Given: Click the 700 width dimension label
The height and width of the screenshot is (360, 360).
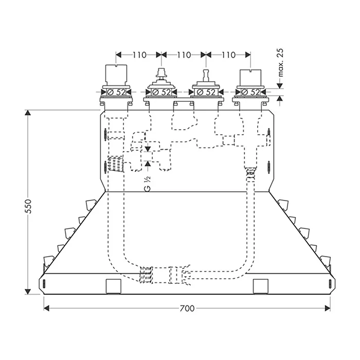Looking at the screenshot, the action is (x=187, y=309).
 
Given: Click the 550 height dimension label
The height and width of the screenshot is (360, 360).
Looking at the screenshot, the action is (x=28, y=206).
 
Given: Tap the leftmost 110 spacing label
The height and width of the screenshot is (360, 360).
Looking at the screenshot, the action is (x=139, y=55).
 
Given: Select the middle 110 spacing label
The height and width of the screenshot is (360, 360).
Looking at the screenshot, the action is (x=184, y=55).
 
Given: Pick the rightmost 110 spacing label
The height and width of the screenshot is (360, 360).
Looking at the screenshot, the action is (x=228, y=55).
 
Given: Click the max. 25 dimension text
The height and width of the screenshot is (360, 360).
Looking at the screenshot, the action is (x=280, y=62).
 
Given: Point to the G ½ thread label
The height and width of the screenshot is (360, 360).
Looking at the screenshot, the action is (x=148, y=184).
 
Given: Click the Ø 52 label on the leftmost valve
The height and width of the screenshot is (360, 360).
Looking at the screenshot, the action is (x=116, y=92).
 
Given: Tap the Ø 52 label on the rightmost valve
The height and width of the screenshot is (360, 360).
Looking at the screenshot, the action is (x=250, y=92).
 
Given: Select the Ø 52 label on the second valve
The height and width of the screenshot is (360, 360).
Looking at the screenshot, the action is (x=161, y=92).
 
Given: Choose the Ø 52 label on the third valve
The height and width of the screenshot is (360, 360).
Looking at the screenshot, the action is (x=206, y=92).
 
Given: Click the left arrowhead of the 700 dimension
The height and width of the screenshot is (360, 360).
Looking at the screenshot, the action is (x=46, y=309).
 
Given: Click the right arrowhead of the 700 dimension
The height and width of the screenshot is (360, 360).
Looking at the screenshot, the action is (x=328, y=309).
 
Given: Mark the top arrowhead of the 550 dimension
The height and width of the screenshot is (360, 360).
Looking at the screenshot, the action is (x=28, y=113).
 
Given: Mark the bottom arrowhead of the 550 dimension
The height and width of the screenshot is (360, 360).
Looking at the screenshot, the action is (x=28, y=292).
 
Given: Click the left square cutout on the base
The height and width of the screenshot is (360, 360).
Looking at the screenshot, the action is (x=114, y=286).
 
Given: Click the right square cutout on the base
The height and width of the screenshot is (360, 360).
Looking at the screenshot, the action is (x=261, y=286).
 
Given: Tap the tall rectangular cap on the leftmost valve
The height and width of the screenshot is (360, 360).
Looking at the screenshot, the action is (x=116, y=75).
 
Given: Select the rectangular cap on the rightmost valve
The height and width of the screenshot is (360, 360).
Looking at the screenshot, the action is (x=250, y=77).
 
